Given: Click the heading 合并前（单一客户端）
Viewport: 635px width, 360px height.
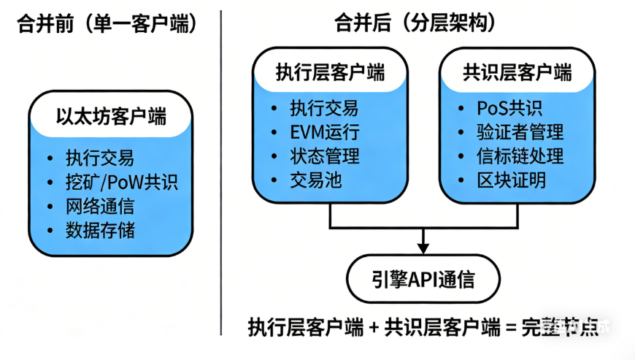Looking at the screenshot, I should [107, 24].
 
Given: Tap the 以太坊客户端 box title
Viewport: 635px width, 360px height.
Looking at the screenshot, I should [111, 116].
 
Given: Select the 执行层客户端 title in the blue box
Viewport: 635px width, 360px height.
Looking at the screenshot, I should [330, 72].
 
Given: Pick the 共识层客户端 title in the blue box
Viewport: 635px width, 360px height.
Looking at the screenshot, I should [517, 72].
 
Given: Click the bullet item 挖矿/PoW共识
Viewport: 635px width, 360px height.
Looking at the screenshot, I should [121, 182].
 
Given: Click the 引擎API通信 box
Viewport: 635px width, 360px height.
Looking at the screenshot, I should [423, 279].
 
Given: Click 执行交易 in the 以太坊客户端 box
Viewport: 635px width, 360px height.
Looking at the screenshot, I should [100, 158].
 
